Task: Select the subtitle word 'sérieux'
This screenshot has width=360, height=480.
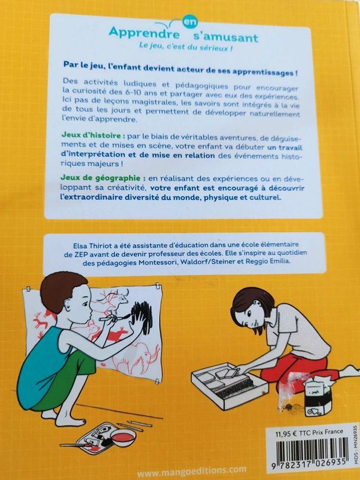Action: [x=213, y=48]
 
